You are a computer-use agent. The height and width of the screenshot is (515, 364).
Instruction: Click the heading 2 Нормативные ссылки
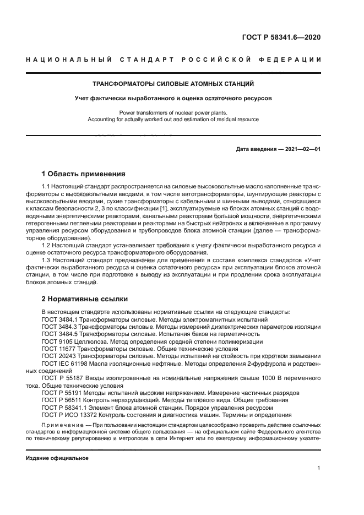click(x=85, y=299)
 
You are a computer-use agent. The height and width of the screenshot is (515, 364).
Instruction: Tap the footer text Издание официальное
click(x=57, y=458)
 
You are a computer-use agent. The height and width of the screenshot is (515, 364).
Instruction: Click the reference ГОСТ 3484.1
click(x=58, y=319)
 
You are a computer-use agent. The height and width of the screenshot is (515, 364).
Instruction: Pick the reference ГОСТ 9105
click(x=55, y=341)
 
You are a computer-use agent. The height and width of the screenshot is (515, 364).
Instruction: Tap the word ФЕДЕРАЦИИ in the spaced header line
click(x=297, y=59)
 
